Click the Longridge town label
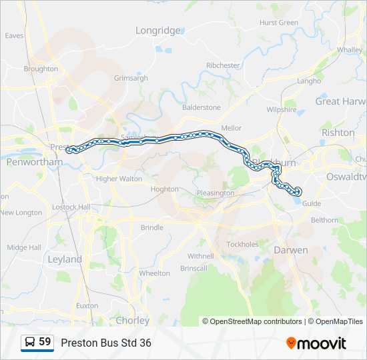pos(158,30)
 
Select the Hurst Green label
pos(278,22)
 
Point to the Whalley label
pos(350,49)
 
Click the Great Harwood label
pos(340,101)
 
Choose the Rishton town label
pos(338,133)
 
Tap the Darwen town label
pos(291,250)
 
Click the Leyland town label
pos(65,259)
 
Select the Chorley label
pos(133,320)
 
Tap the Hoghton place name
pos(164,189)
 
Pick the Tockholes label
pos(242,244)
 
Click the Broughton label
pos(41,68)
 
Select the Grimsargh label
pos(131,77)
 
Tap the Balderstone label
pos(201,107)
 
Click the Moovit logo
pos(316,343)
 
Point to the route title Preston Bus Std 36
pos(106,343)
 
